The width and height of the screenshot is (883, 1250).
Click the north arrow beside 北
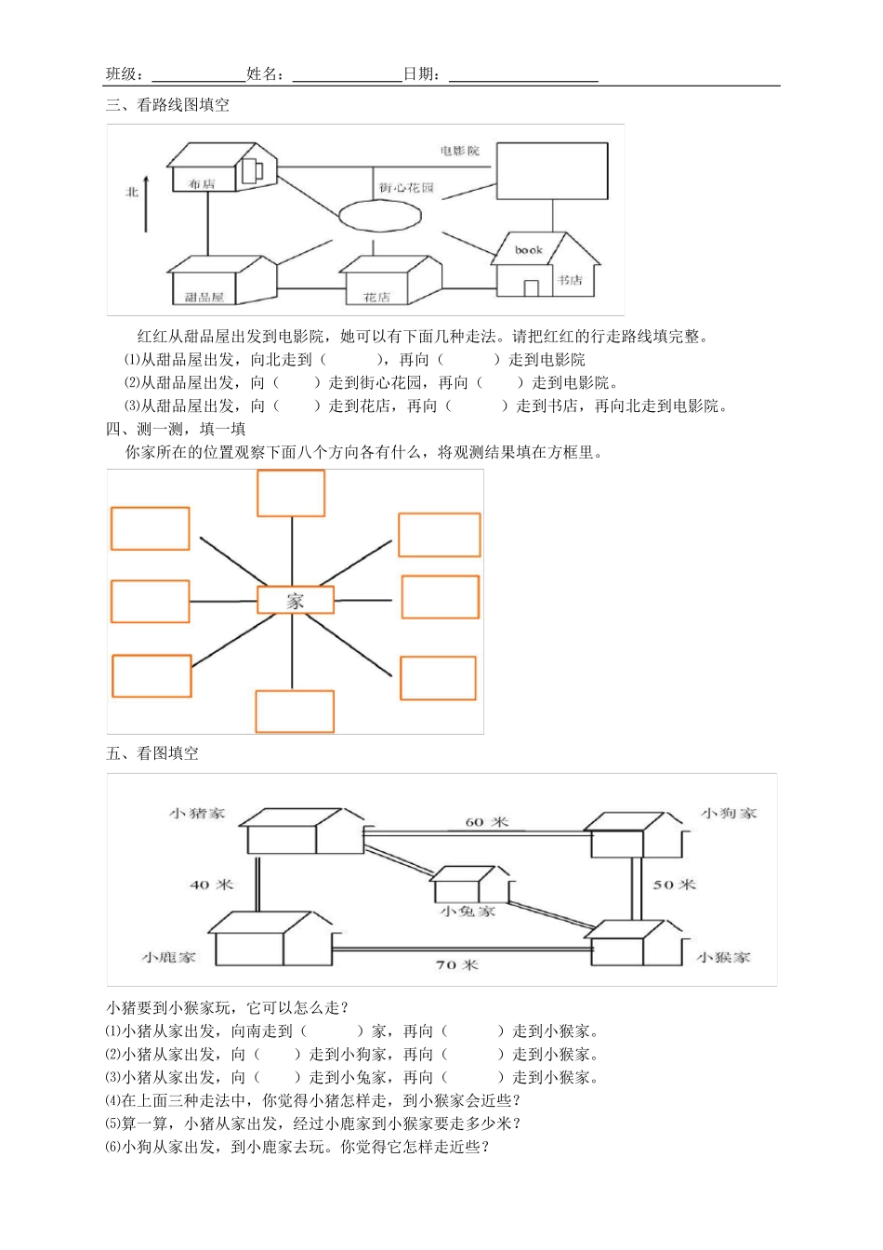point(146,202)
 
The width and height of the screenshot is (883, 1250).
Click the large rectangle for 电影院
point(552,171)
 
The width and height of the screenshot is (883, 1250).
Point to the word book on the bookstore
point(529,250)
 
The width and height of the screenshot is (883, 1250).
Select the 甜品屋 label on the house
point(204,298)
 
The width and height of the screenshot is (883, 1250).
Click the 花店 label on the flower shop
point(376,298)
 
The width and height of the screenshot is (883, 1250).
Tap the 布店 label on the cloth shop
point(202,184)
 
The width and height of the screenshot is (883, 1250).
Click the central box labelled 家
point(295,601)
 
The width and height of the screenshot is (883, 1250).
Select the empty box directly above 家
point(291,493)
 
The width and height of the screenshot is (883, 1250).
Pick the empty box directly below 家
point(295,711)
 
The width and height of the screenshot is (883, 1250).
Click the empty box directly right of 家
point(440,597)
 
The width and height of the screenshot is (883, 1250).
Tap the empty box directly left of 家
point(150,601)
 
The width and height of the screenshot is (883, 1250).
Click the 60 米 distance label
point(486,822)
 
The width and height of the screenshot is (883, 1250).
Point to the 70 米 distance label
point(456,964)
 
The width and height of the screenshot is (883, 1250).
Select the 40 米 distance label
point(211,884)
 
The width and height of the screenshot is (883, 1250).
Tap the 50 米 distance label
point(674,884)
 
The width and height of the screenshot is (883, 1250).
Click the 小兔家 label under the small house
point(468,911)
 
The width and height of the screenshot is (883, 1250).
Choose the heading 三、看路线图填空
point(168,105)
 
